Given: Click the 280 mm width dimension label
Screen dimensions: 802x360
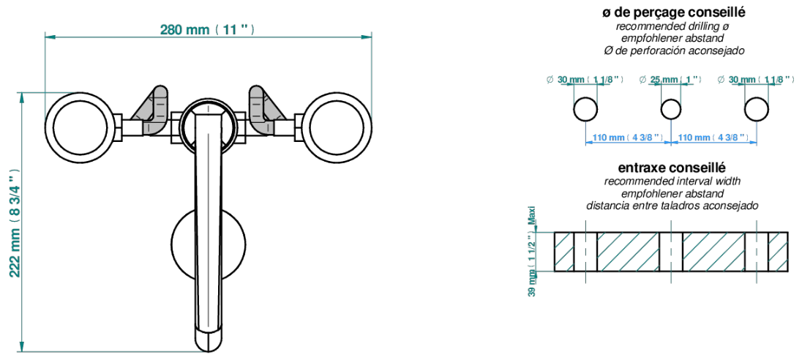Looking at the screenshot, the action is (x=207, y=30).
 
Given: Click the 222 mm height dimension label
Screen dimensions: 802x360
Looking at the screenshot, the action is (x=15, y=222).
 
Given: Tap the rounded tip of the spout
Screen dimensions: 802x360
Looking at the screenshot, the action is (x=208, y=342).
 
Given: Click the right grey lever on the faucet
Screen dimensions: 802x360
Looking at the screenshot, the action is (x=264, y=110).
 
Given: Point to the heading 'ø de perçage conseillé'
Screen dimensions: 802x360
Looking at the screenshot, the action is (x=673, y=12).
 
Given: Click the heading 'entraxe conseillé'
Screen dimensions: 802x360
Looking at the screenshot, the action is (x=672, y=168).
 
